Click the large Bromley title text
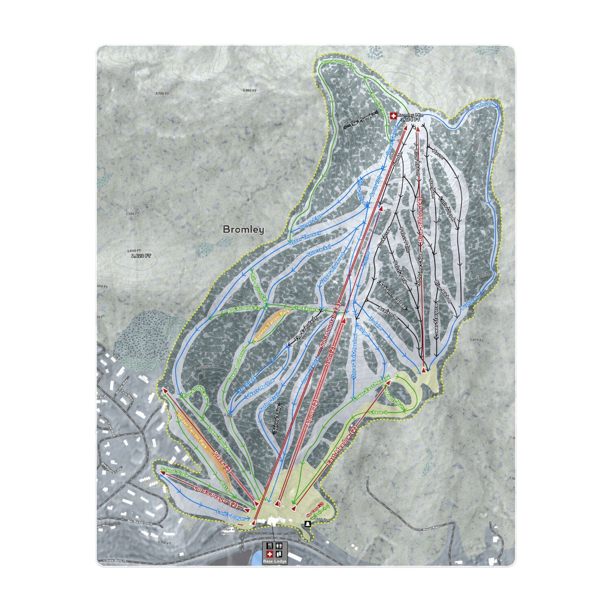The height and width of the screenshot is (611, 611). [x=243, y=230]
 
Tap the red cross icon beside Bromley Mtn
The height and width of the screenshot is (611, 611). [x=393, y=116]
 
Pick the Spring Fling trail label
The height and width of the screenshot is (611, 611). [x=278, y=420]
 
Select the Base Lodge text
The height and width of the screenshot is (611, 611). [x=274, y=561]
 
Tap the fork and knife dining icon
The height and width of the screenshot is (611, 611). [x=270, y=546]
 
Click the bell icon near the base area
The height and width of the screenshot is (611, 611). [x=308, y=524]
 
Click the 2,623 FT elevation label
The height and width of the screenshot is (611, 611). [x=141, y=256]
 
